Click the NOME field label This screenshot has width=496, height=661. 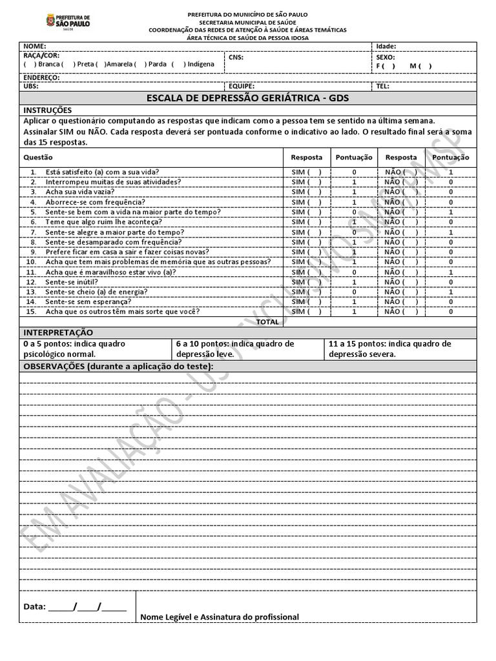[x=35, y=46]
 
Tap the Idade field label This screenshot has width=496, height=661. [x=386, y=46]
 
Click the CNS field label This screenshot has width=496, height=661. [x=236, y=57]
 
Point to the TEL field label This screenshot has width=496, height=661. [x=382, y=86]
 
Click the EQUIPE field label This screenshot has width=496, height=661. [x=242, y=86]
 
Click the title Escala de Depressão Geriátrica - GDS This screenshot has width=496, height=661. [x=248, y=98]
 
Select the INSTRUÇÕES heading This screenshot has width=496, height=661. [x=48, y=110]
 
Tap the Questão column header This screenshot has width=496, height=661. [x=38, y=157]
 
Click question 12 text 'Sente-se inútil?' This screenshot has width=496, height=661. [x=72, y=282]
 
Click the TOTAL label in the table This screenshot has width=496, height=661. [x=268, y=321]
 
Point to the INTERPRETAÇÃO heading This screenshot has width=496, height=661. [x=58, y=332]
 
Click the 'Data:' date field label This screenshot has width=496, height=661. [x=34, y=607]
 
